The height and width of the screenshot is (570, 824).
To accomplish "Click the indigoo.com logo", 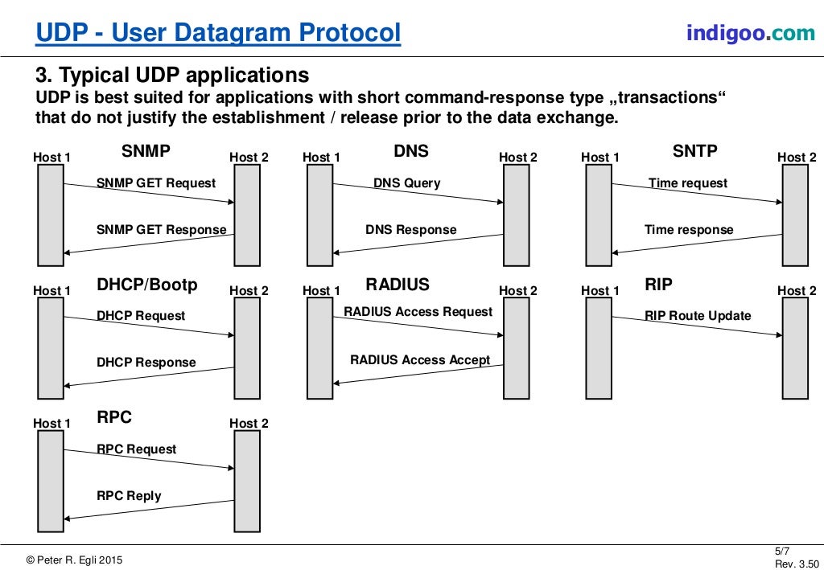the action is [x=751, y=33].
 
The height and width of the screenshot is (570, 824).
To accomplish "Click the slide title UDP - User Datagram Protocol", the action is [x=218, y=32].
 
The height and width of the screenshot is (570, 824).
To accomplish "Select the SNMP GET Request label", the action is [x=156, y=183].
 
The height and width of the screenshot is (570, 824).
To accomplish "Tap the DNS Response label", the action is [x=411, y=230].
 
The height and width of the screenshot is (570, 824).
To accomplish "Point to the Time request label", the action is [x=688, y=183].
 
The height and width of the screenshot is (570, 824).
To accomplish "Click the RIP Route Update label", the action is [x=698, y=316].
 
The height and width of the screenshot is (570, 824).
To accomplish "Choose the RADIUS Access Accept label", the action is [x=420, y=360].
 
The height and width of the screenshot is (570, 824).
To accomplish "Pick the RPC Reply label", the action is [x=129, y=496].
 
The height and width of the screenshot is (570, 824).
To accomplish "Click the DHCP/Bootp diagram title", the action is [x=147, y=285].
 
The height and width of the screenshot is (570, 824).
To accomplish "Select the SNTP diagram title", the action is [x=694, y=151].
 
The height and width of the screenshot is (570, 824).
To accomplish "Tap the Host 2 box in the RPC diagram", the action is [x=247, y=482].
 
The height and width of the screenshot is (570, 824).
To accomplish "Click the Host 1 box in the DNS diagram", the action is [x=319, y=215].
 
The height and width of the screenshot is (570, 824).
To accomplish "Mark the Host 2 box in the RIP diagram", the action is [x=795, y=348].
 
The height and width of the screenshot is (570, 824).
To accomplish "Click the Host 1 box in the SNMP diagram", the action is [x=51, y=215].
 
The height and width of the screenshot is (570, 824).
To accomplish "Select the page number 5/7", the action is [x=782, y=551].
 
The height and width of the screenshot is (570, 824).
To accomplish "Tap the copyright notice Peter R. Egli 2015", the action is [x=74, y=560].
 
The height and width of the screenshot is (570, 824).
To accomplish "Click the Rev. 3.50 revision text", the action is [x=797, y=564].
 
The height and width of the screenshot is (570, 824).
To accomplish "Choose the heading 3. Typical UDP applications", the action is [x=172, y=75].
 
